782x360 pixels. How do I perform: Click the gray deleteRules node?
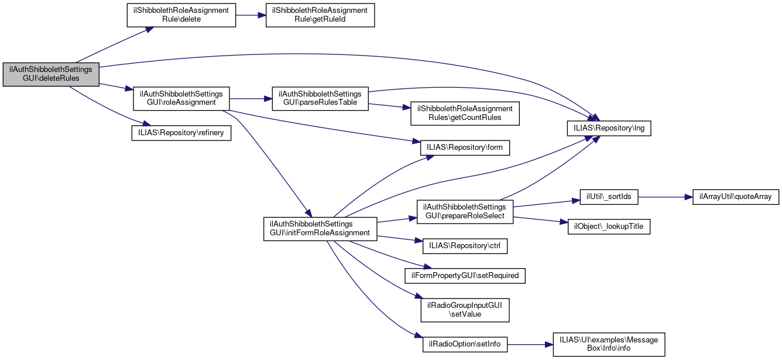coord(51,74)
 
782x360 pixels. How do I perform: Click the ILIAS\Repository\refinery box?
coord(181,133)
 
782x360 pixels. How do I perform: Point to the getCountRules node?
coord(465,114)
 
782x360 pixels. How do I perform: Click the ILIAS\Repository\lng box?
coord(609,127)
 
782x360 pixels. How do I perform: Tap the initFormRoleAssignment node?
coord(320,228)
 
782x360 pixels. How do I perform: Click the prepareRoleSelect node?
coord(465,211)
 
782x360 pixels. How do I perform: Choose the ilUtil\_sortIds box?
coord(609,197)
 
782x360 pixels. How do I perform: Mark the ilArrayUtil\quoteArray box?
coord(736,197)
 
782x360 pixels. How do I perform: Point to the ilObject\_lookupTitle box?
coord(609,227)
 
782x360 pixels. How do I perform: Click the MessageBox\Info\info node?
coord(609,344)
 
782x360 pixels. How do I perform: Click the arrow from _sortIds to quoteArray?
coord(665,197)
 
